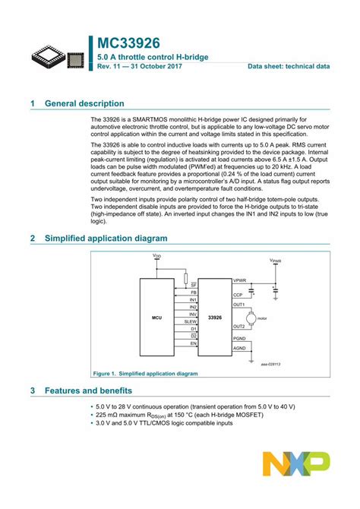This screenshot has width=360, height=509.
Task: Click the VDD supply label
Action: pos(157,256)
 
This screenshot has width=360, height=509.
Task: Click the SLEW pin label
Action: pos(192,321)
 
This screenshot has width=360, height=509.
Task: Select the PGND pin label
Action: pos(239,338)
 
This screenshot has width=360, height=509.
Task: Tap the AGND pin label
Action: pos(239,348)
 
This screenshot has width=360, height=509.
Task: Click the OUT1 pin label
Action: pos(239,304)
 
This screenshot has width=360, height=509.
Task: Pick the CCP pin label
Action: pos(238,294)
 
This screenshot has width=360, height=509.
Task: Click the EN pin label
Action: pos(194,343)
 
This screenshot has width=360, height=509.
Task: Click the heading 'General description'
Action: pos(84,103)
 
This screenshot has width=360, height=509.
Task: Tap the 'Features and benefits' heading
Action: pos(89,391)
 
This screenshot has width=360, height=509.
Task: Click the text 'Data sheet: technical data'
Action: pos(289,67)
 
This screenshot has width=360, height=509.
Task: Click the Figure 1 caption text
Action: pos(144,374)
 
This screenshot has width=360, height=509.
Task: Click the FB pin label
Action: pos(194,292)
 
